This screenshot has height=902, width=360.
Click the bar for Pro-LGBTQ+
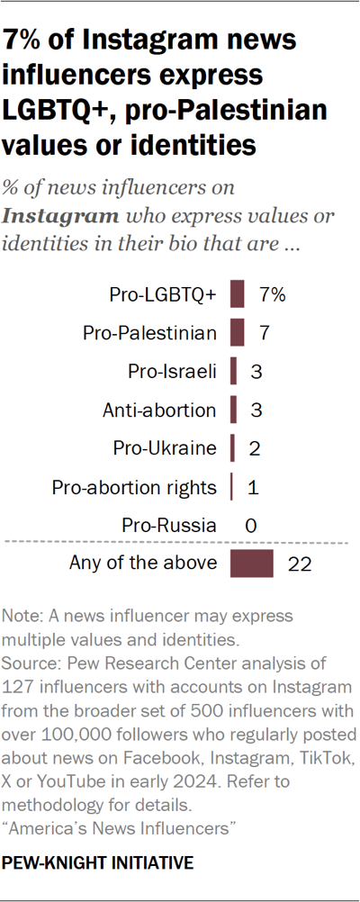tap(238, 294)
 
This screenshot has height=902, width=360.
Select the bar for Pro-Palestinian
tap(238, 333)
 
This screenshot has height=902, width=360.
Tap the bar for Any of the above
tap(252, 564)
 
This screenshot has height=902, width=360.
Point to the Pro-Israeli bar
tap(234, 372)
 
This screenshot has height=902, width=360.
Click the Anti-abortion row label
tap(159, 410)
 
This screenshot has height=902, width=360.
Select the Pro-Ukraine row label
tap(165, 448)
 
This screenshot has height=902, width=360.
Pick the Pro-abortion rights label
tap(134, 487)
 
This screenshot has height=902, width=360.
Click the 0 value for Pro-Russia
tap(253, 526)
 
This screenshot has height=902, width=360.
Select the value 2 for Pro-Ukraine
tap(255, 448)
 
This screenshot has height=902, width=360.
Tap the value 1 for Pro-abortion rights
tap(253, 487)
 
